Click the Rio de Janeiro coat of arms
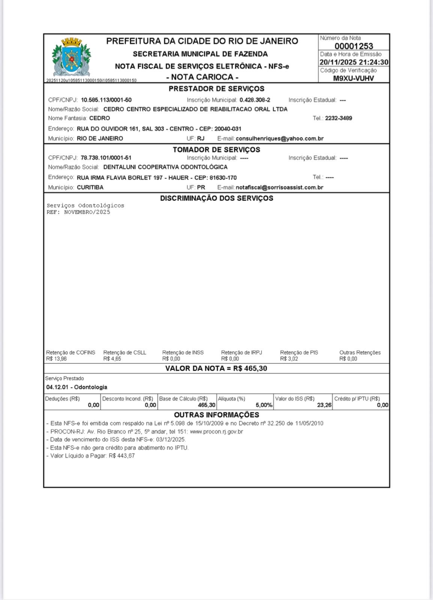click(71, 57)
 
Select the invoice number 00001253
click(354, 46)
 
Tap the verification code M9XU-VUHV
click(353, 78)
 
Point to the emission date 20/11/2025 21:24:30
click(354, 62)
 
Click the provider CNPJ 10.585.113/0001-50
click(106, 100)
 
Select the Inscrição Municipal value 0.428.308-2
click(255, 100)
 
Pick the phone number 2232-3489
click(338, 118)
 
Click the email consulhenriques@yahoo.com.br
click(280, 138)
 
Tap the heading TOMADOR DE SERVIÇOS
click(216, 150)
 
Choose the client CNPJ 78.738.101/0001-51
click(106, 158)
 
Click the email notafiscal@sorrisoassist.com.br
click(280, 187)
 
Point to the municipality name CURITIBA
click(90, 187)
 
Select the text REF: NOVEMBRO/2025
click(78, 212)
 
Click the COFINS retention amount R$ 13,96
click(56, 359)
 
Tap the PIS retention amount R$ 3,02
click(289, 359)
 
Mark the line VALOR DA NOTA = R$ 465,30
click(216, 368)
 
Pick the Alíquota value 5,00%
click(264, 405)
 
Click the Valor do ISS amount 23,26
click(324, 405)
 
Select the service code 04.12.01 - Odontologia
click(77, 387)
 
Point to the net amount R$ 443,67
click(122, 456)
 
